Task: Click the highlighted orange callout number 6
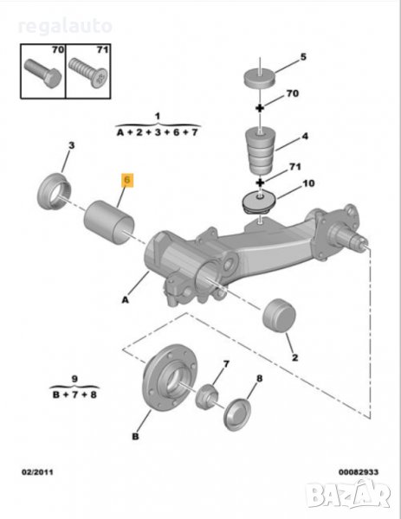click(x=127, y=180)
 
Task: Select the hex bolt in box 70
click(x=43, y=74)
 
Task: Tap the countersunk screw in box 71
click(x=88, y=73)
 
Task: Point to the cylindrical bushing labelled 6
click(x=109, y=222)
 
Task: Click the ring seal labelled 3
click(x=55, y=191)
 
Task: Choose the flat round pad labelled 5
click(x=260, y=79)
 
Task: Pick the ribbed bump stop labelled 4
click(x=261, y=151)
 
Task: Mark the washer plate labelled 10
click(x=259, y=202)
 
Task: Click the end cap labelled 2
click(x=279, y=316)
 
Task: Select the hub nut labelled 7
click(x=206, y=395)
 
